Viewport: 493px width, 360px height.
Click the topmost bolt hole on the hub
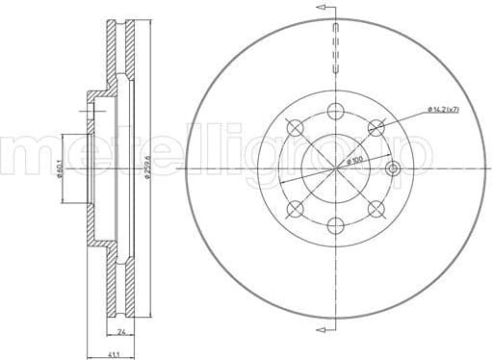tap(335, 109)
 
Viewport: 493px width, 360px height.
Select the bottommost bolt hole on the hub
tap(335, 226)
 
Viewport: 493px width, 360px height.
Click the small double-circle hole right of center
tap(391, 168)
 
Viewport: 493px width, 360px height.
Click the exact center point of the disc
tap(335, 167)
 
